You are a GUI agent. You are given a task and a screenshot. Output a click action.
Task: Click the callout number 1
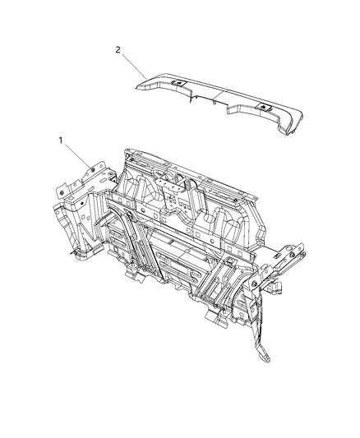[60, 141]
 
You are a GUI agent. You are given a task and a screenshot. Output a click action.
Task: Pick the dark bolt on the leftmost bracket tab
[61, 190]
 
